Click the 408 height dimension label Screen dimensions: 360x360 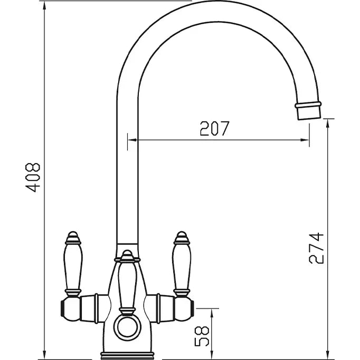tap(33, 177)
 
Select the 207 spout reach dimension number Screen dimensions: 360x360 tap(214, 128)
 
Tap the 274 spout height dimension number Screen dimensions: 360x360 tap(316, 248)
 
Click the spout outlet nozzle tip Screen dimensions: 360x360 tap(308, 111)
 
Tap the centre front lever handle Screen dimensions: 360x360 tap(127, 283)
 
